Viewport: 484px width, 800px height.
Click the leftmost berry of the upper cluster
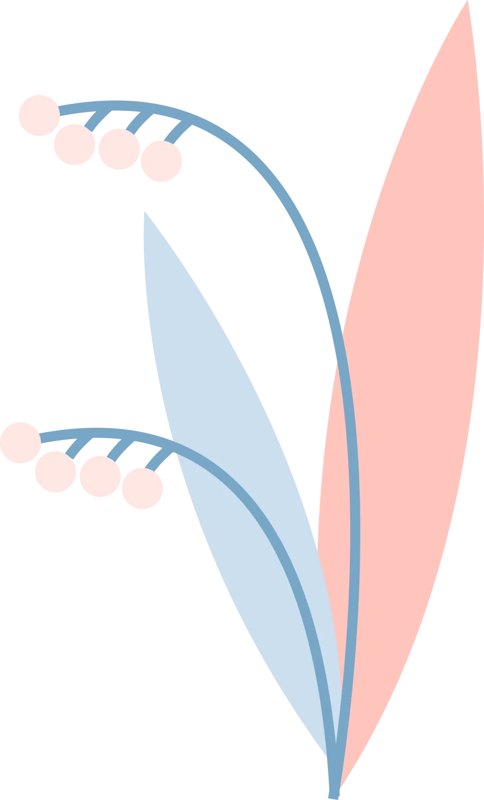point(39,114)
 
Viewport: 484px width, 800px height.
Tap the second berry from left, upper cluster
point(74,144)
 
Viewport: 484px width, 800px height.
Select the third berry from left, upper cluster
point(118,147)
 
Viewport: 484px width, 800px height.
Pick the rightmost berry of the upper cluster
point(161,161)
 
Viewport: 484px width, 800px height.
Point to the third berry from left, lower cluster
point(100,476)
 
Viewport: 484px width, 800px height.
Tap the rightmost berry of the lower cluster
point(143,489)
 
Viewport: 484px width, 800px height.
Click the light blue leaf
point(224,403)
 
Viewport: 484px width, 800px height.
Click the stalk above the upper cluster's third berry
point(136,122)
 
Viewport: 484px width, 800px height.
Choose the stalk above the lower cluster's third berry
point(117,449)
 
